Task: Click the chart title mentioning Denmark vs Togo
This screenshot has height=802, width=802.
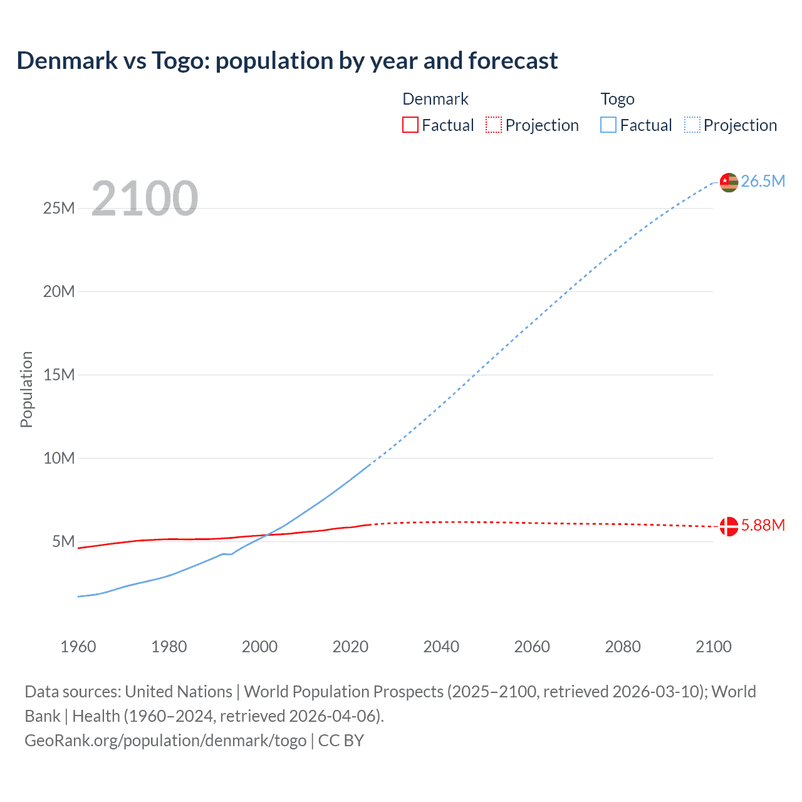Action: [x=287, y=61]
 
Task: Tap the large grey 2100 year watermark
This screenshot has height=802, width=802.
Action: [x=145, y=199]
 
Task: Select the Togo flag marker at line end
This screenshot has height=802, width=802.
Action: [x=729, y=182]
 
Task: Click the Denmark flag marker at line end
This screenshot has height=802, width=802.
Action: [x=729, y=526]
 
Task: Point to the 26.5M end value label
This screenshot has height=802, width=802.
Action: [x=763, y=182]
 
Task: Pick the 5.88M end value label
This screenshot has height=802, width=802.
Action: [x=763, y=525]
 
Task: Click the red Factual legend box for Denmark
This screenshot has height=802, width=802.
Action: [x=410, y=125]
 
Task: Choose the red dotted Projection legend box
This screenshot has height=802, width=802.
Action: [x=494, y=125]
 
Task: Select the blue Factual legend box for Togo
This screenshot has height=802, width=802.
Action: [x=608, y=125]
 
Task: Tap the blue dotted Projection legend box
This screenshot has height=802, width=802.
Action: [x=692, y=125]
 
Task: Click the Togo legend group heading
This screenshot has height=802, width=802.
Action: [x=617, y=99]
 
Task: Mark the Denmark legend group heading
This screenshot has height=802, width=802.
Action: [x=435, y=99]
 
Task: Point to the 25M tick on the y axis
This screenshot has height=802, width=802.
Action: [x=59, y=208]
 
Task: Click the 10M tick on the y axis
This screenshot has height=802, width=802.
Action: [x=59, y=458]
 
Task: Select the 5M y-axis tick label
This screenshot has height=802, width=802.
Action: [x=63, y=541]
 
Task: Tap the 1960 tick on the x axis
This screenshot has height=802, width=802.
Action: [x=78, y=647]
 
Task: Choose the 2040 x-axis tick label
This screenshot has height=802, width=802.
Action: [x=441, y=647]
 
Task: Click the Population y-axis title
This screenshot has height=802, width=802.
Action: [x=26, y=389]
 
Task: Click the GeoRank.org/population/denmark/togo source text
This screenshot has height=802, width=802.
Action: [x=165, y=741]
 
